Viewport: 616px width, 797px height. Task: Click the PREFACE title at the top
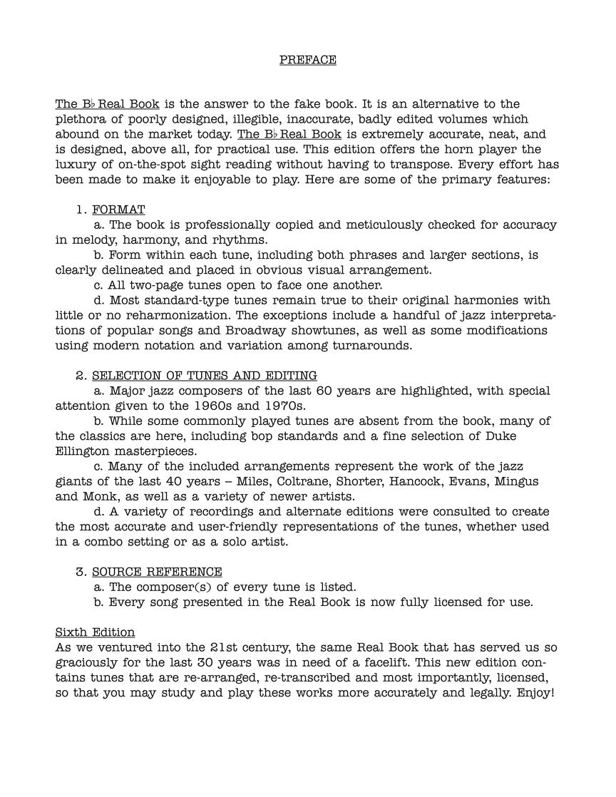point(307,60)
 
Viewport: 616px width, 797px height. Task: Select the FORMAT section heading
point(118,210)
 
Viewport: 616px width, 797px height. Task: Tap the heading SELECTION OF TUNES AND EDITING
point(205,376)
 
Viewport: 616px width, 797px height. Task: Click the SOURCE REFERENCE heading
point(157,572)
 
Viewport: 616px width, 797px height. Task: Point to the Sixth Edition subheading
point(95,632)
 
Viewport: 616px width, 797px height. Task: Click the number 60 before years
point(332,391)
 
